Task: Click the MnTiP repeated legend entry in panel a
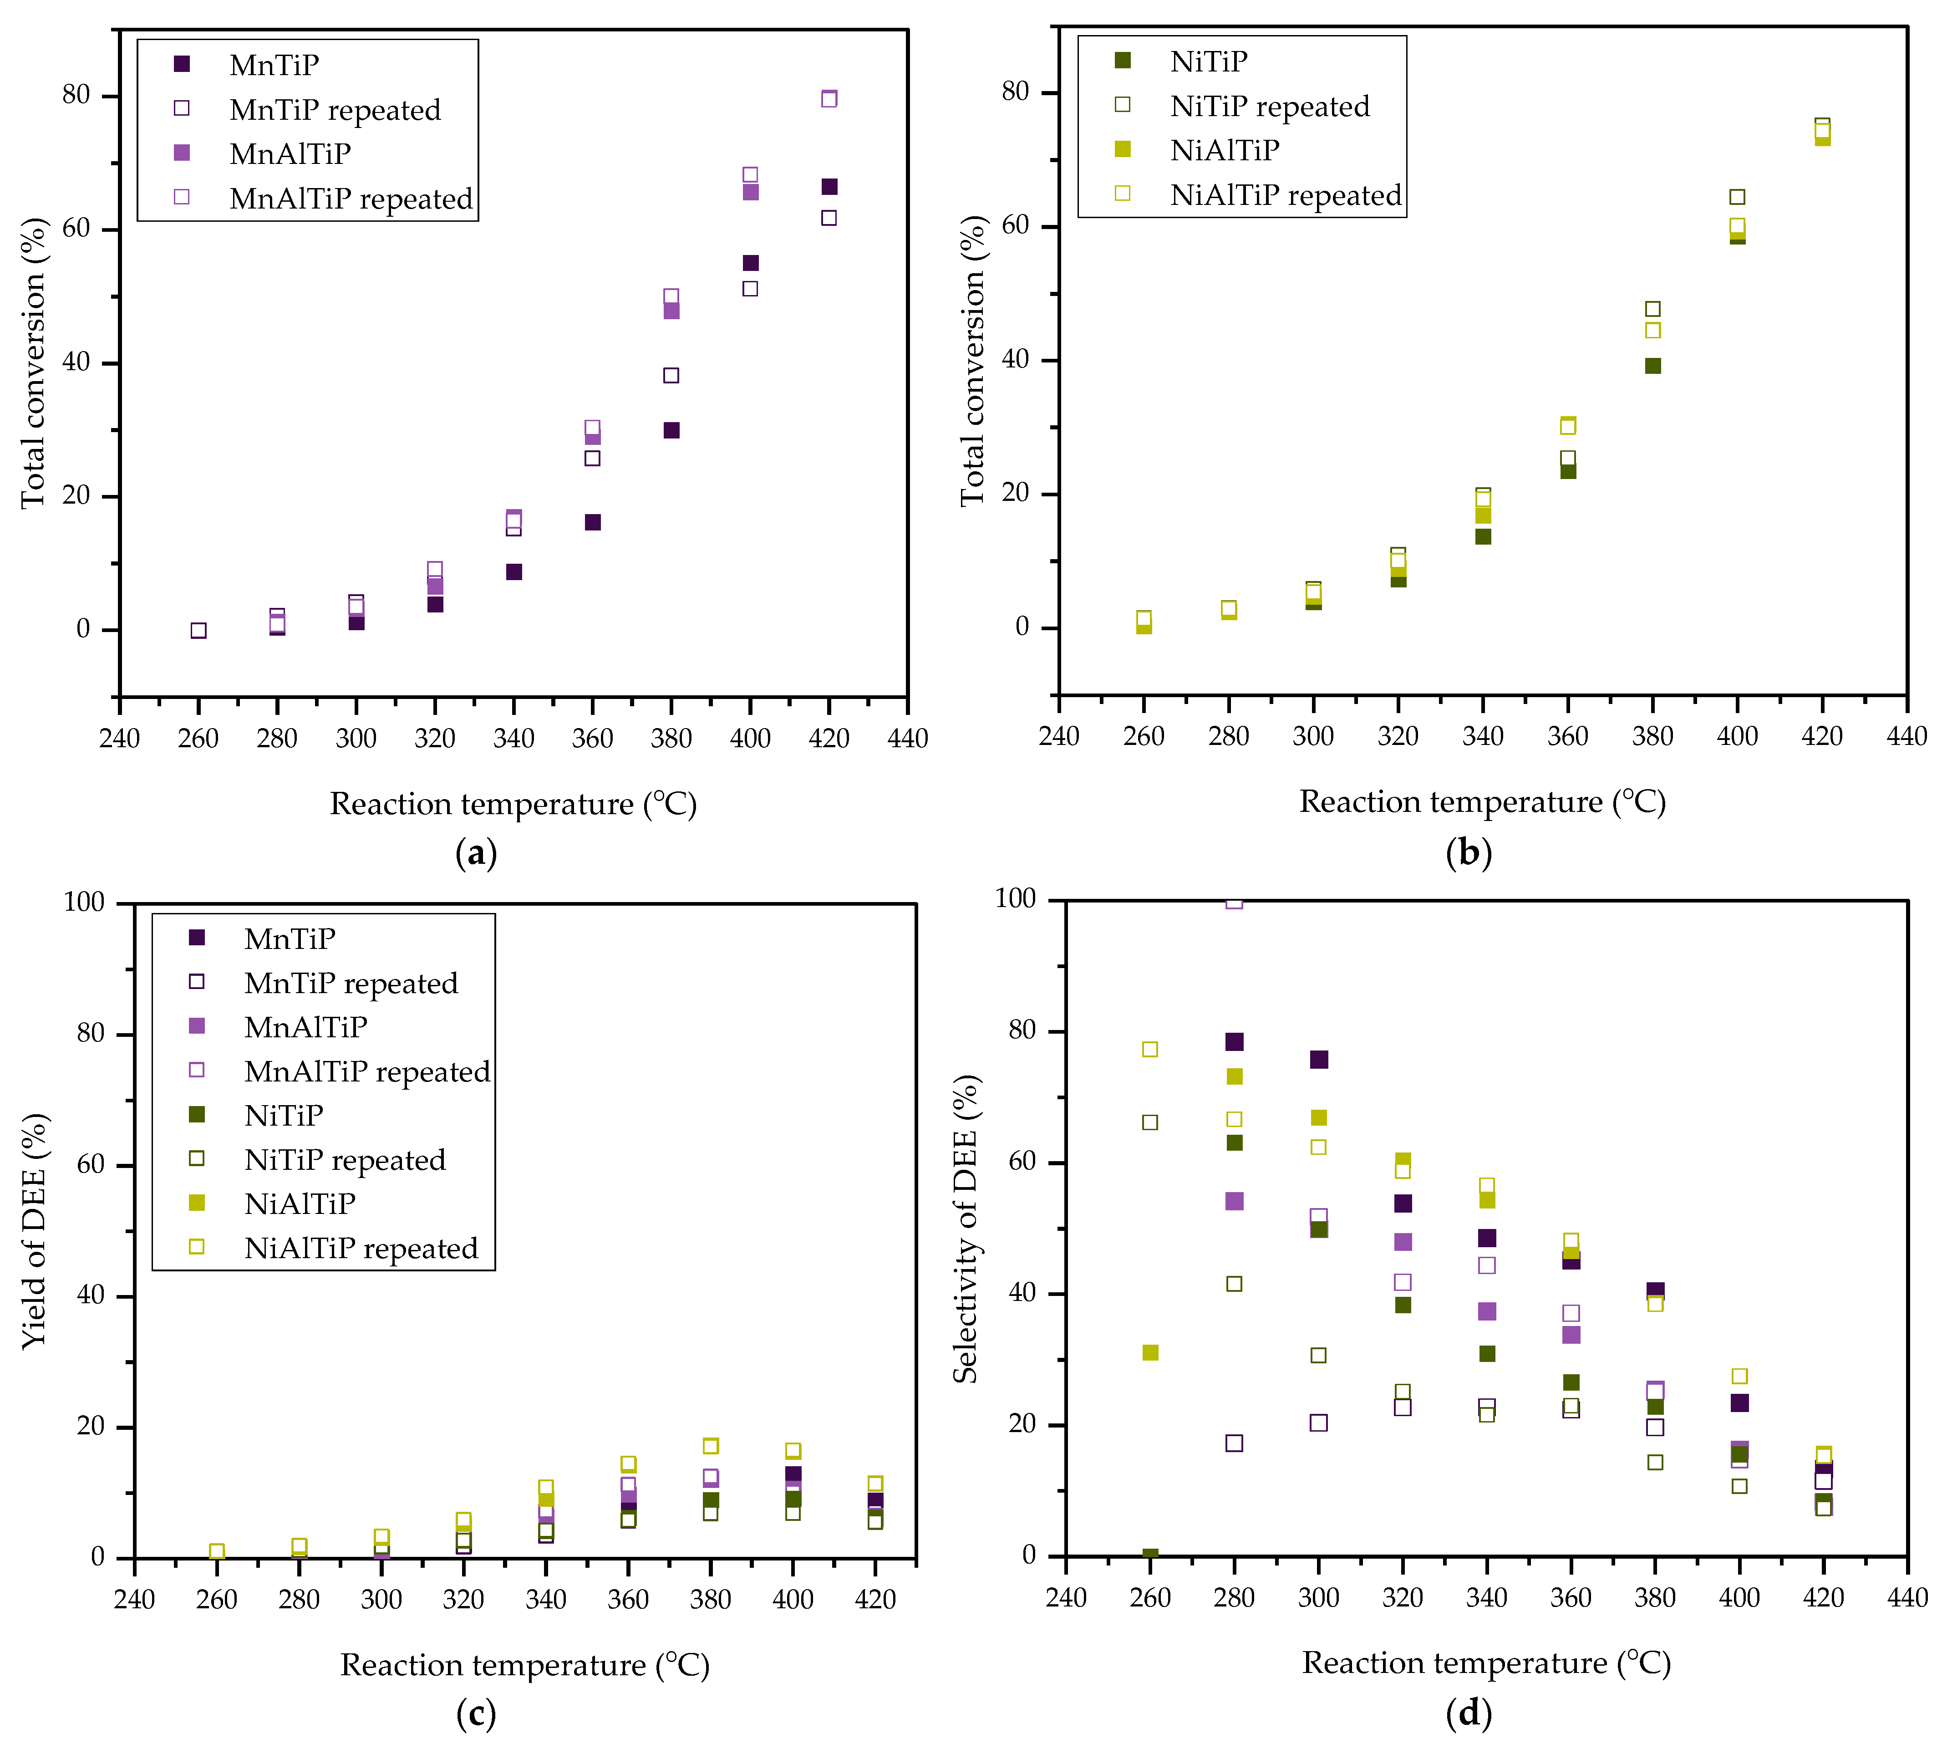click(335, 110)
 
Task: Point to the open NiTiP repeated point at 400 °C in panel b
click(1737, 198)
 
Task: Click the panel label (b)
click(1468, 852)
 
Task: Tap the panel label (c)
click(476, 1713)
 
